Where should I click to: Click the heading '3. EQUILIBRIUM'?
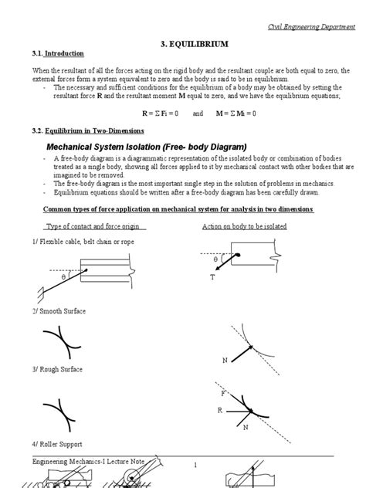coord(182,46)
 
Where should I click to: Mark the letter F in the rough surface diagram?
coord(223,393)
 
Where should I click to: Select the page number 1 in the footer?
coord(196,465)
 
